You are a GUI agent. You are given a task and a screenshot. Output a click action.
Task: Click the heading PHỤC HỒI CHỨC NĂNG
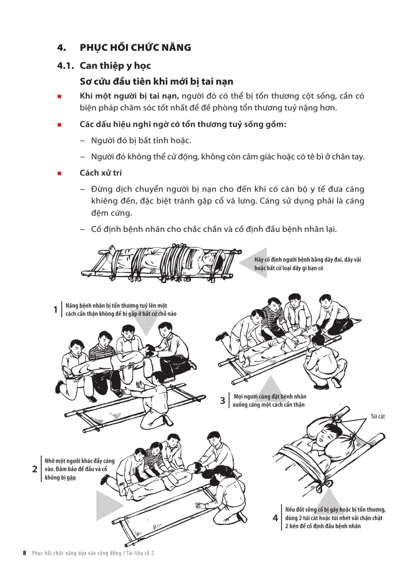(135, 48)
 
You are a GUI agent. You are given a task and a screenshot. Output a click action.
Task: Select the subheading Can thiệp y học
(115, 65)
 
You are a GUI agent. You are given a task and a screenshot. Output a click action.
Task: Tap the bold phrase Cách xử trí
(100, 173)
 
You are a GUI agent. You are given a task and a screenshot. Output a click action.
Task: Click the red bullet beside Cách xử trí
(60, 173)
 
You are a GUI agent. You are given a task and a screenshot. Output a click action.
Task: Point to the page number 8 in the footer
(24, 552)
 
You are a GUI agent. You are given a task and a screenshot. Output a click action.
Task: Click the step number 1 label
(55, 309)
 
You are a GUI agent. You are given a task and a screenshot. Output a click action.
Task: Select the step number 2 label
(35, 469)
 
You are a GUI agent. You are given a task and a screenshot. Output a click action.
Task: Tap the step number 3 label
(223, 400)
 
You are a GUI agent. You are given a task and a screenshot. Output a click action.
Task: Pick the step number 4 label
(275, 518)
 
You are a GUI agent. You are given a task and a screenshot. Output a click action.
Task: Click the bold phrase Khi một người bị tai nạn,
(129, 96)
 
